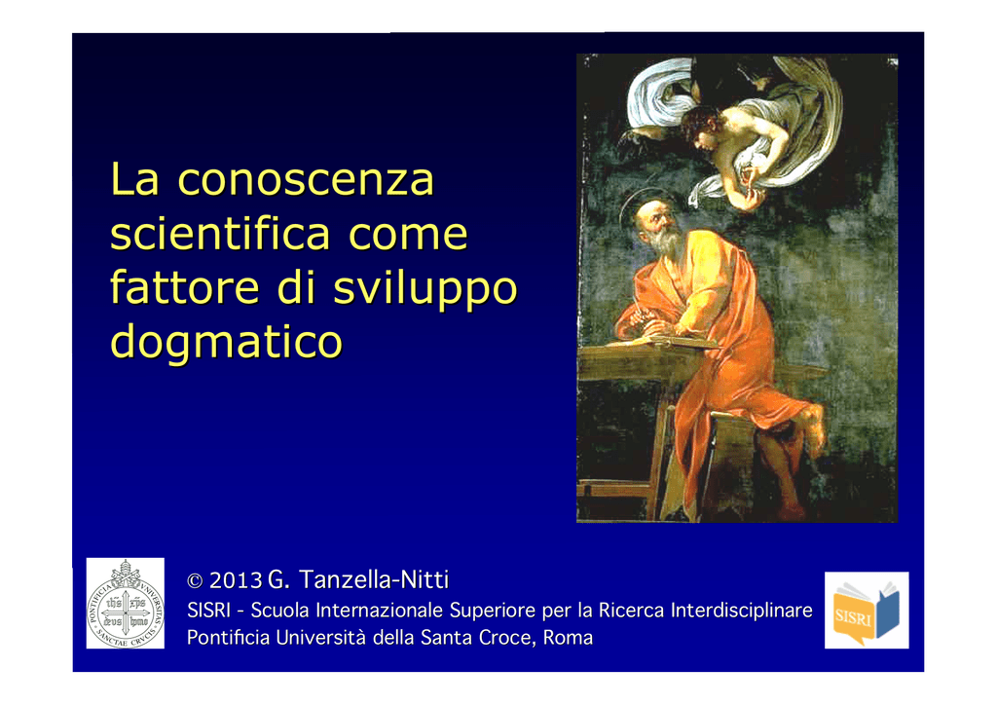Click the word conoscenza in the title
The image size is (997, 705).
tap(306, 180)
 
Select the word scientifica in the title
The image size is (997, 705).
tap(220, 233)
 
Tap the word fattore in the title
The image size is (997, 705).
tap(184, 287)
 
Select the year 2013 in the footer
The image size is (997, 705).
tap(236, 580)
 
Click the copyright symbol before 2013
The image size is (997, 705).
tap(195, 581)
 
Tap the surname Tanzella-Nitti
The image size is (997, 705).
tap(374, 579)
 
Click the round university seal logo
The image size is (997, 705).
tap(126, 604)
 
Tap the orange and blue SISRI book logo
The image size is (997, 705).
tap(866, 611)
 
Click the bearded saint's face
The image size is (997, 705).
tap(656, 222)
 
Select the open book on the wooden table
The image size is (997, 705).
tap(661, 344)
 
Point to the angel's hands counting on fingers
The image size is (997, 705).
tap(752, 190)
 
